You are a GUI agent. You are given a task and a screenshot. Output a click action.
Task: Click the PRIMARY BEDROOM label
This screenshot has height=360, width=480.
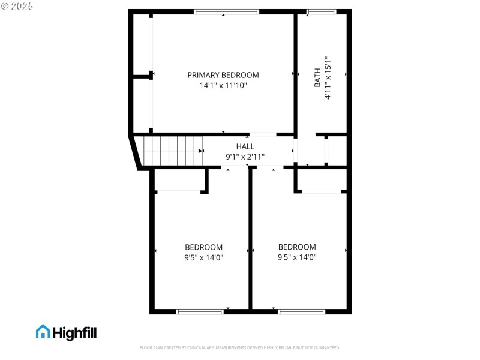[x=223, y=75]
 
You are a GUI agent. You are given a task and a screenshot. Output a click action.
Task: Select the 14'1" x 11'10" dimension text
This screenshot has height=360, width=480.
[x=223, y=86]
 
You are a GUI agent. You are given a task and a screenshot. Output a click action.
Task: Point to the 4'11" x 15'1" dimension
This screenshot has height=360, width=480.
[x=328, y=78]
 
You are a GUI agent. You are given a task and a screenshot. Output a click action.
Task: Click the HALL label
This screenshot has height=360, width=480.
[x=245, y=146]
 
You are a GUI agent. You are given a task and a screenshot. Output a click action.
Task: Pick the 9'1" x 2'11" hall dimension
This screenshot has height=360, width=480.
[x=245, y=157]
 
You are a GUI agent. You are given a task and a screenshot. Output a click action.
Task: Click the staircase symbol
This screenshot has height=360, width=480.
[x=172, y=151]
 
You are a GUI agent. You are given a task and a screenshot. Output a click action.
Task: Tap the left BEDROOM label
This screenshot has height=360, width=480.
[x=203, y=247]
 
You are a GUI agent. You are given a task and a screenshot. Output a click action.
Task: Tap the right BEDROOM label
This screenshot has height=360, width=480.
[x=297, y=247]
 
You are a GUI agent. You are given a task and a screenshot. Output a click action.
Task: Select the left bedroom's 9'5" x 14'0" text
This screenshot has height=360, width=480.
[x=204, y=258]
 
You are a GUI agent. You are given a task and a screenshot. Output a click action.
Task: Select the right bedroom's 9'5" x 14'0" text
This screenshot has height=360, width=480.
[x=297, y=258]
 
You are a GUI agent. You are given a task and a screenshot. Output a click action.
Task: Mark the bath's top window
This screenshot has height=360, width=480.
[x=322, y=11]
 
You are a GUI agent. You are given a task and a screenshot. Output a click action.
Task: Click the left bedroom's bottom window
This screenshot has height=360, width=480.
[x=200, y=311]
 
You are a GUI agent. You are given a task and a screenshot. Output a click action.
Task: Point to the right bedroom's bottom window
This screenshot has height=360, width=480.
[x=301, y=311]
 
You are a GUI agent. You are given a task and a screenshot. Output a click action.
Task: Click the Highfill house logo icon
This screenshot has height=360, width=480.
[x=43, y=332]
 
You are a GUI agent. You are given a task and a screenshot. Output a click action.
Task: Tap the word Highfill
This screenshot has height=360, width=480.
[x=74, y=332]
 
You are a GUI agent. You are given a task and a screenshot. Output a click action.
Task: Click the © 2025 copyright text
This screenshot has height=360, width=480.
[x=17, y=6]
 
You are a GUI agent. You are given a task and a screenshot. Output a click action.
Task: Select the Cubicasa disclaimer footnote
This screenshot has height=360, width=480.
[x=239, y=348]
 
